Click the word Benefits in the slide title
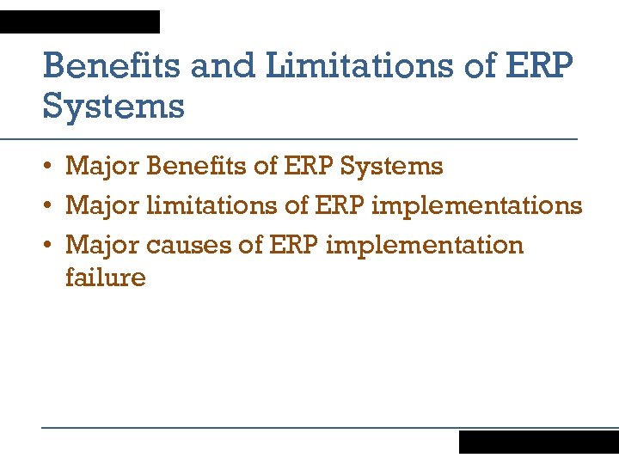(x=112, y=66)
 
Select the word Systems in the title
(x=113, y=107)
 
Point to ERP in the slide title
(x=538, y=66)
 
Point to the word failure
(x=106, y=277)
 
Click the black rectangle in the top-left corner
(x=80, y=21)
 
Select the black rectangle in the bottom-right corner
(x=538, y=442)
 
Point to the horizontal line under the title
(x=309, y=138)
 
